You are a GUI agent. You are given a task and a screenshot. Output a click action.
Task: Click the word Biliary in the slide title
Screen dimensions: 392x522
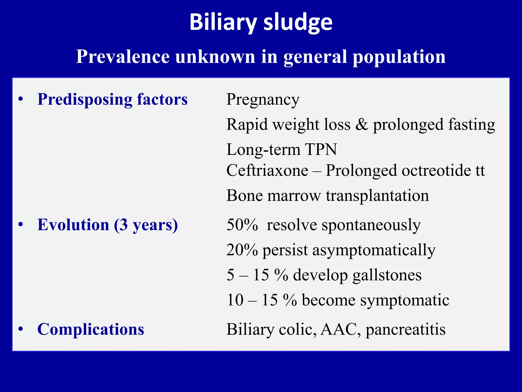point(223,22)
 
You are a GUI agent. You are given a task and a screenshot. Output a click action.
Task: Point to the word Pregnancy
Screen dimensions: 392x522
point(263,100)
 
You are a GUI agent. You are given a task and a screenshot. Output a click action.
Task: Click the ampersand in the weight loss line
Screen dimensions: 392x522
point(362,125)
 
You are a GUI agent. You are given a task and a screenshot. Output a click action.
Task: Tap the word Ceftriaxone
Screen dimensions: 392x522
point(267,170)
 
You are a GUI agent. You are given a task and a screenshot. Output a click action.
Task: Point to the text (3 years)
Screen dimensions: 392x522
point(146,225)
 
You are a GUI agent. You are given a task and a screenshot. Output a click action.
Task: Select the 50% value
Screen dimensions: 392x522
point(242,225)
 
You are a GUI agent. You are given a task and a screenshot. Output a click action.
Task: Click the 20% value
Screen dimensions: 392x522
point(242,250)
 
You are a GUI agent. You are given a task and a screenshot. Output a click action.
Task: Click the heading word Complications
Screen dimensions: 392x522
point(91,329)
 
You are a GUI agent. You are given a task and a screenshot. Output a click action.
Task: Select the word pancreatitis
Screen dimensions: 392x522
point(406,329)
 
